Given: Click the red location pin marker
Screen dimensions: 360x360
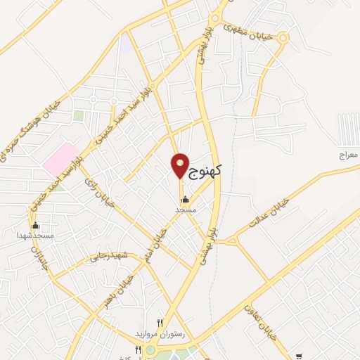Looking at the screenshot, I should (180, 165).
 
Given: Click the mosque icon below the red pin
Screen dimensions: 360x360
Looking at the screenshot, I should (185, 199).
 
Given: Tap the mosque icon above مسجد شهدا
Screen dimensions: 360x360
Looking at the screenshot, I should (35, 226).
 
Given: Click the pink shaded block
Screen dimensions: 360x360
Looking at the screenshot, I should (61, 159).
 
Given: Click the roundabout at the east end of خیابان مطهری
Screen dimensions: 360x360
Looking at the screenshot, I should (283, 37).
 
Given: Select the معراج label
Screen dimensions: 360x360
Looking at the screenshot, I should (347, 153).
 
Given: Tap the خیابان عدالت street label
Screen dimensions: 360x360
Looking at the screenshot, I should (269, 211).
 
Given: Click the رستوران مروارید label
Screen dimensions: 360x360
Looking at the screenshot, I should (162, 334).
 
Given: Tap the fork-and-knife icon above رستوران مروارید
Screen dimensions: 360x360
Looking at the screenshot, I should (160, 323).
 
